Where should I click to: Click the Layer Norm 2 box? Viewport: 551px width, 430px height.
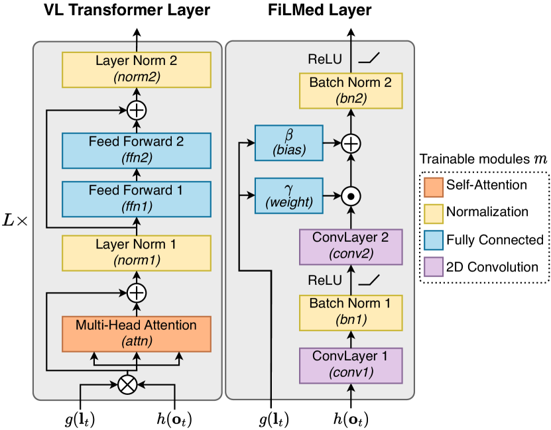pos(136,70)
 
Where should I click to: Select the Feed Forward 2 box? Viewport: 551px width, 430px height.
pos(136,150)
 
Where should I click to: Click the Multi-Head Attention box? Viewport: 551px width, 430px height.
pos(136,333)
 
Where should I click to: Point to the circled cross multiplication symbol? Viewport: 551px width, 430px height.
pos(127,384)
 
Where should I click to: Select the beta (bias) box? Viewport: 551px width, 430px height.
pos(288,142)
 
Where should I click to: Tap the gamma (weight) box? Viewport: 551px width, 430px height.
pos(288,195)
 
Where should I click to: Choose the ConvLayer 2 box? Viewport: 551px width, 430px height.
pos(351,245)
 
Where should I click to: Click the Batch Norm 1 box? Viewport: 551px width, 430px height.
pos(351,312)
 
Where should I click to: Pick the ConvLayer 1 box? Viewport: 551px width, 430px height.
pos(351,366)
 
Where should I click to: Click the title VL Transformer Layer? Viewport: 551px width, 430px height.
pos(127,10)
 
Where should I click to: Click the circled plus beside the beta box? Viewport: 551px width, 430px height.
pos(351,142)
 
